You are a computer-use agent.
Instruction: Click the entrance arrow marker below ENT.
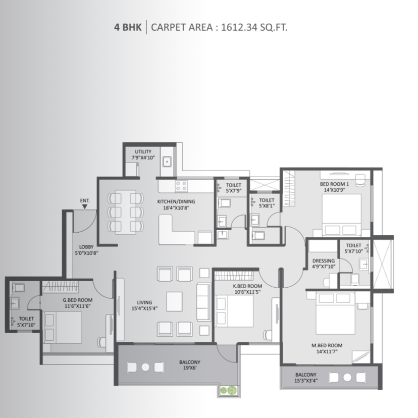click(84, 206)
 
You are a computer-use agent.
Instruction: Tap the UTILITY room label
click(143, 151)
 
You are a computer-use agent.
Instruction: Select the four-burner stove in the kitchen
click(181, 186)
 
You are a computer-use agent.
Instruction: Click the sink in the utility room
click(167, 162)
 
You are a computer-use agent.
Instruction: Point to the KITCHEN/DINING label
click(176, 201)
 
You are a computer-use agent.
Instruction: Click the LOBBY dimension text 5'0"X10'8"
click(87, 253)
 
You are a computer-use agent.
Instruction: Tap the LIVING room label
click(144, 302)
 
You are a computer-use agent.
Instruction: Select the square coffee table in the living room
click(175, 301)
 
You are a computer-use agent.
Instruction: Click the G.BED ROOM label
click(78, 300)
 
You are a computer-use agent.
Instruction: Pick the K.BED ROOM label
click(248, 286)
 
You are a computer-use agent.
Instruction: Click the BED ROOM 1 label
click(335, 184)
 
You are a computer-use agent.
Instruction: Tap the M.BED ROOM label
click(327, 345)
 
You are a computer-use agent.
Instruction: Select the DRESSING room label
click(324, 260)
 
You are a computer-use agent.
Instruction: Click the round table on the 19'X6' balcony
click(145, 367)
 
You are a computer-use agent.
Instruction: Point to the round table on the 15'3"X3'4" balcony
click(347, 377)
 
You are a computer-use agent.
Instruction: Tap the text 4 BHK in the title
click(128, 27)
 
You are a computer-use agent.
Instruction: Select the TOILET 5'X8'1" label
click(267, 203)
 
